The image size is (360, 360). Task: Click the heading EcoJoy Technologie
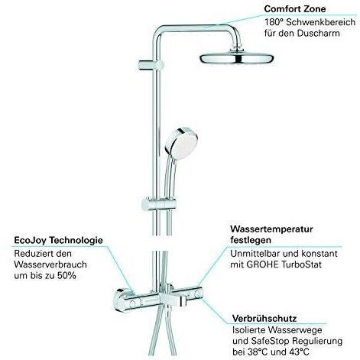58,241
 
